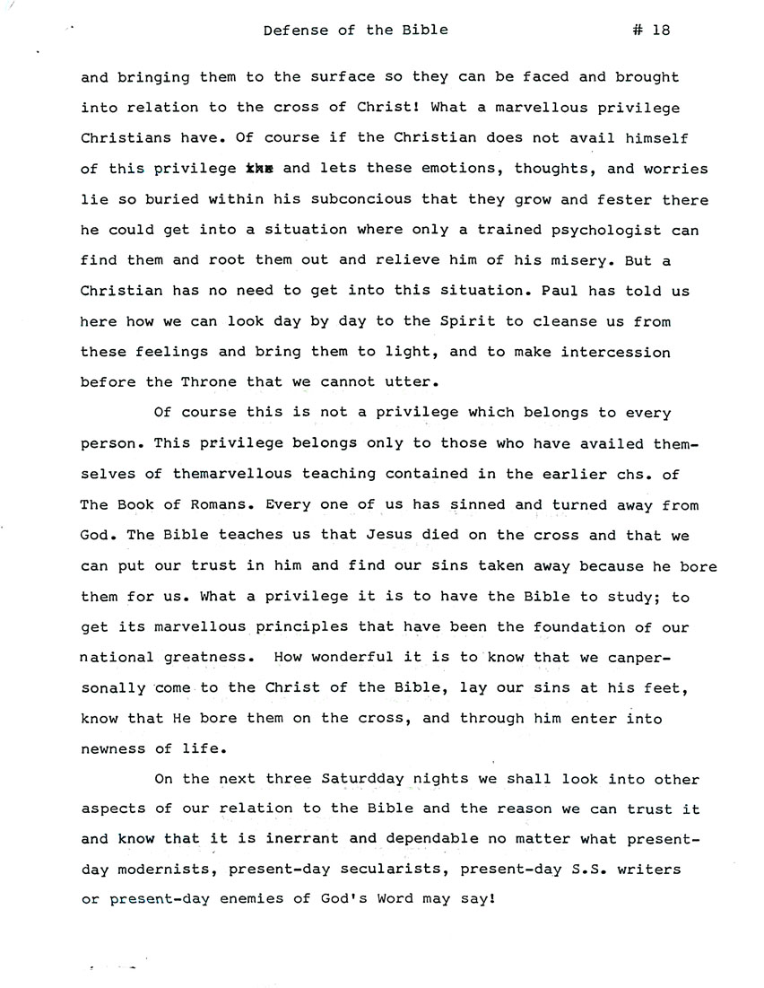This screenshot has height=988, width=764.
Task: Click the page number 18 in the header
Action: click(x=661, y=30)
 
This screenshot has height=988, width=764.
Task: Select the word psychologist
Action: click(x=621, y=230)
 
